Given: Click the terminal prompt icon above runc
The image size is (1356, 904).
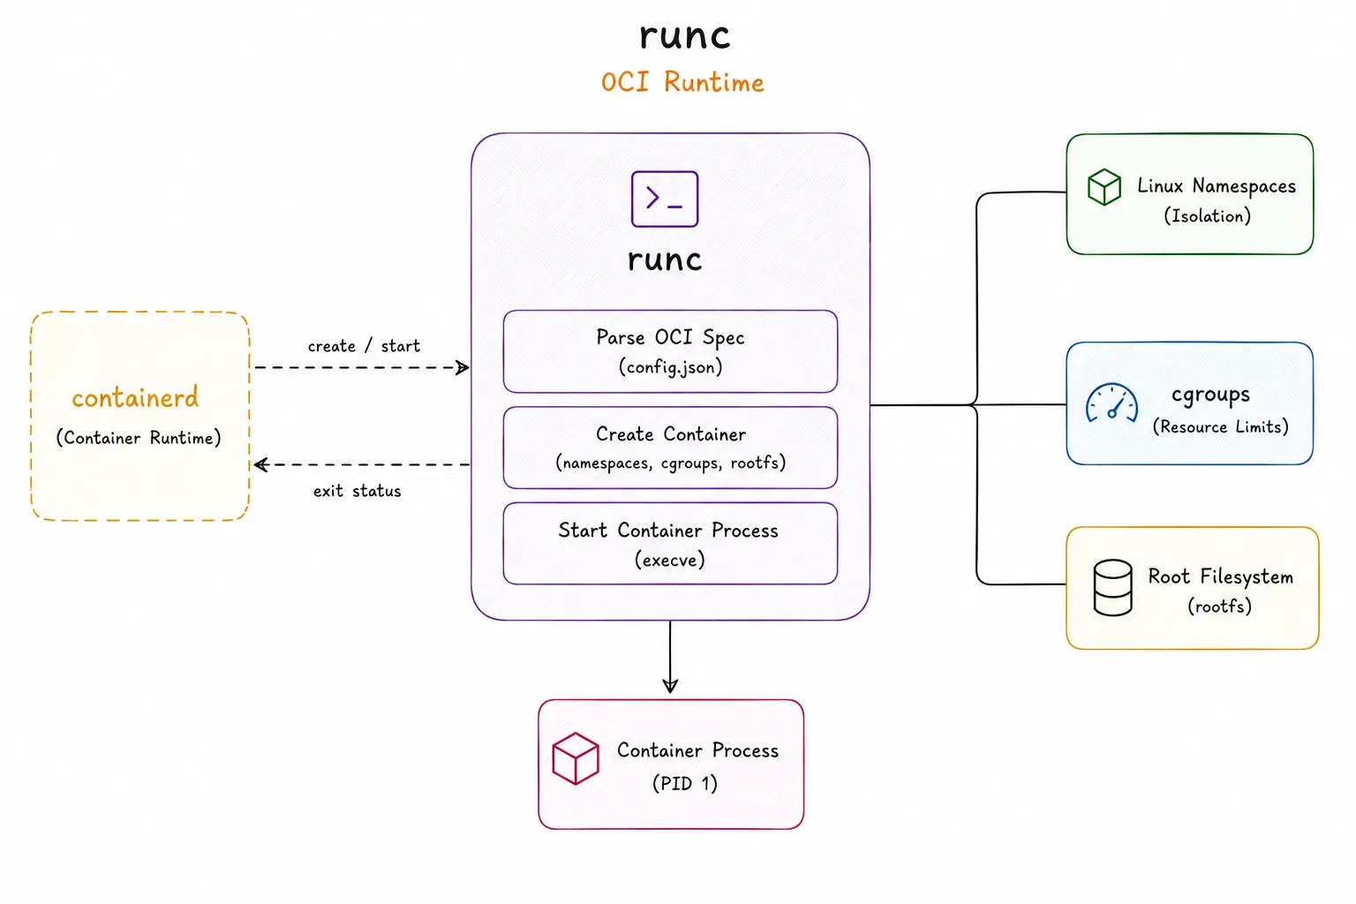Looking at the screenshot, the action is (x=665, y=200).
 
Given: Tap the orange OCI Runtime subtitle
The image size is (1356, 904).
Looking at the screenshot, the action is (x=682, y=82).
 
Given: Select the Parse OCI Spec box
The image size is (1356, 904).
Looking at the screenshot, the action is (x=670, y=351).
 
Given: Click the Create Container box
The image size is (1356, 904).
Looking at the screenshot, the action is (x=670, y=448).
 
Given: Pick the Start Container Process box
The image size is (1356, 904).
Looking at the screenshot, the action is (x=670, y=544).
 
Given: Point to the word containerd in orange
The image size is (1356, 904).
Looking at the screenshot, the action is (x=135, y=398).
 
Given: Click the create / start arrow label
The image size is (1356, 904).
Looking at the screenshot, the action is (x=364, y=346).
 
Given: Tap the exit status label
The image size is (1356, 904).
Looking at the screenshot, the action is (x=358, y=491).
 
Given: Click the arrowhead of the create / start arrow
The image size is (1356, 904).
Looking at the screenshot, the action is (x=463, y=367).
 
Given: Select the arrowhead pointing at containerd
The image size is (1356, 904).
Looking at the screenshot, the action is (x=261, y=465).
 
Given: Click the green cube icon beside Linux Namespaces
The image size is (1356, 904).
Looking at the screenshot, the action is (x=1104, y=187).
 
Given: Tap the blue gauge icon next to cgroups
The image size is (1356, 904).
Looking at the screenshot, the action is (x=1111, y=403).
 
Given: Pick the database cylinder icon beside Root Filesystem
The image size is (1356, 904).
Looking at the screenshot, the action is (x=1112, y=588).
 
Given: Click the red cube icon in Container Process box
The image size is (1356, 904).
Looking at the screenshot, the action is (x=576, y=758).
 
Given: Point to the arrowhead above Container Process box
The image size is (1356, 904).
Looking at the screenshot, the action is (x=670, y=685).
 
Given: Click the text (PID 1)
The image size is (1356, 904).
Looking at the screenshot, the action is (x=685, y=784).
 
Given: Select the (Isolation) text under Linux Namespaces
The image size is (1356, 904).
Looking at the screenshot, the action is (x=1207, y=216).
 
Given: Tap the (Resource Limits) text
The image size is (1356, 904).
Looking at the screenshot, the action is (x=1220, y=427).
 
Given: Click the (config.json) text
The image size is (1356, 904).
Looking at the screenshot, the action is (x=670, y=367).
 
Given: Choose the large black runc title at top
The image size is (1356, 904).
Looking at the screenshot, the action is (x=685, y=36).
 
